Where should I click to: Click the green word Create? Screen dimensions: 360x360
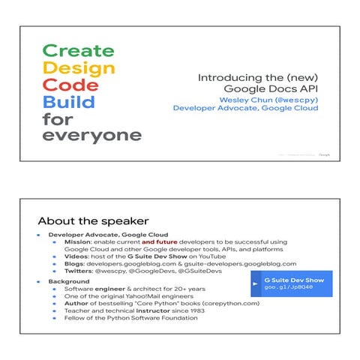tap(78, 51)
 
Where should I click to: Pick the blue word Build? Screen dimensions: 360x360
tap(69, 102)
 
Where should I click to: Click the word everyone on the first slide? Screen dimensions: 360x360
tap(91, 136)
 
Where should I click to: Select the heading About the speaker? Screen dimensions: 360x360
tap(93, 221)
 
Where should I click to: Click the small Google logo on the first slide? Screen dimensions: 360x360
tap(324, 154)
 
